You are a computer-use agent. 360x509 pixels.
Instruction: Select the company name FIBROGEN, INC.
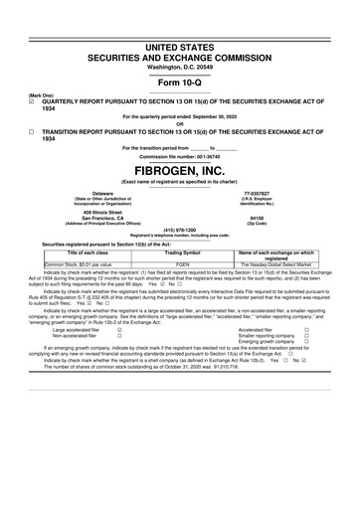pos(179,168)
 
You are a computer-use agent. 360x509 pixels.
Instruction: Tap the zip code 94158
pos(257,217)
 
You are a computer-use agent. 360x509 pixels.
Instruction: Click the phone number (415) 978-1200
pos(179,229)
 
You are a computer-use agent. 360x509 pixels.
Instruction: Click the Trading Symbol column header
pos(182,254)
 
